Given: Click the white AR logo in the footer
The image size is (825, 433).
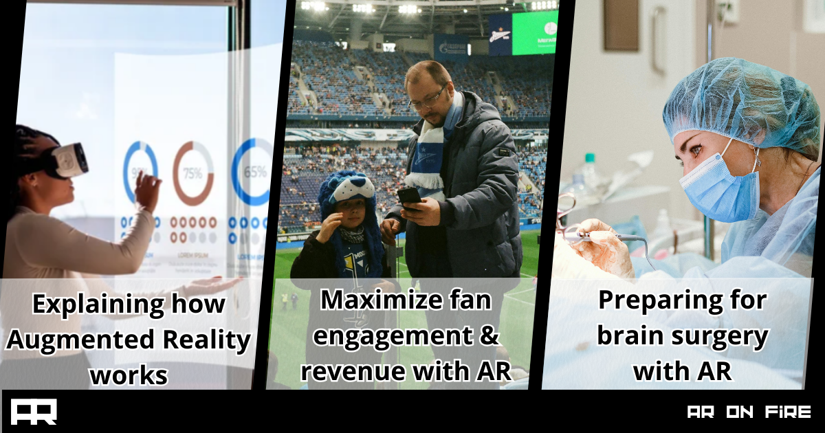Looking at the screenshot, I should click(x=34, y=412).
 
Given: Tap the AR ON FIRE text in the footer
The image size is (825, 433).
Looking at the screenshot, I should click(x=749, y=412).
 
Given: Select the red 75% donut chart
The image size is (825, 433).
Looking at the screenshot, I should click(x=192, y=173).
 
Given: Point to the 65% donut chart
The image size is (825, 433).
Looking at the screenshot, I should click(x=252, y=172).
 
